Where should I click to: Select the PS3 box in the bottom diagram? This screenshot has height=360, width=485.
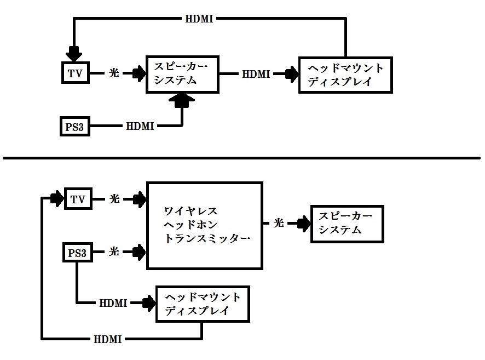(77, 253)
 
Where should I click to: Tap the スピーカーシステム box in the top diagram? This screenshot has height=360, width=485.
(181, 73)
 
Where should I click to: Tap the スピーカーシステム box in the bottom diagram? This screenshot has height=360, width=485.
(347, 224)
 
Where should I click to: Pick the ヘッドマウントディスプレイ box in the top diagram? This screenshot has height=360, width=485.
(345, 74)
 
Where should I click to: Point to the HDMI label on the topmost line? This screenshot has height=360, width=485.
(199, 19)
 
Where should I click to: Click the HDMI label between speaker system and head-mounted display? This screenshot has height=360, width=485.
(256, 74)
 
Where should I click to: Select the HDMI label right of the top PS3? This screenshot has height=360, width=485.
(140, 127)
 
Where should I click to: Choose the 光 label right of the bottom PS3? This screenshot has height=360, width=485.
(114, 253)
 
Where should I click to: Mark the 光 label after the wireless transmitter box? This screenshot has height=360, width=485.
(279, 224)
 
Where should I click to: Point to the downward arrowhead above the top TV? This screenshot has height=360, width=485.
(73, 54)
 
